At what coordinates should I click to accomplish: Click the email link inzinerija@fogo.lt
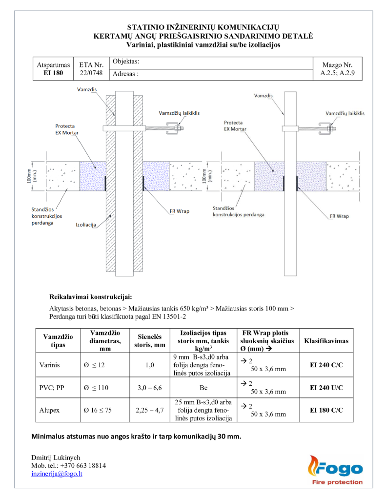(57, 474)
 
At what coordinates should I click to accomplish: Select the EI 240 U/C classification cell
(326, 388)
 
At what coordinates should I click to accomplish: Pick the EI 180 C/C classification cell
(326, 410)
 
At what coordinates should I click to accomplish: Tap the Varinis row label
(48, 365)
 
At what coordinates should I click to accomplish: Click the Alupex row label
(49, 410)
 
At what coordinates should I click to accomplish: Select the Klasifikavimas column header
(326, 341)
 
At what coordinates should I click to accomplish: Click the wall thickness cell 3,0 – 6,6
(149, 388)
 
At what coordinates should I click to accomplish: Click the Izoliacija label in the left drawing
(86, 225)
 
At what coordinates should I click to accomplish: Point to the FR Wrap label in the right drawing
(339, 216)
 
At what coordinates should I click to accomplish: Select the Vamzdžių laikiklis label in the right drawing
(345, 113)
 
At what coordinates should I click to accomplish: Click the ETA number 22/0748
(91, 73)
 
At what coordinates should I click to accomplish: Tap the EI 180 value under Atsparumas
(53, 73)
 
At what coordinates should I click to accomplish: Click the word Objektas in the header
(126, 62)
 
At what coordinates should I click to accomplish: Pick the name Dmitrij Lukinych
(56, 458)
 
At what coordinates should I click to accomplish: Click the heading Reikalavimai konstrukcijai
(91, 296)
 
